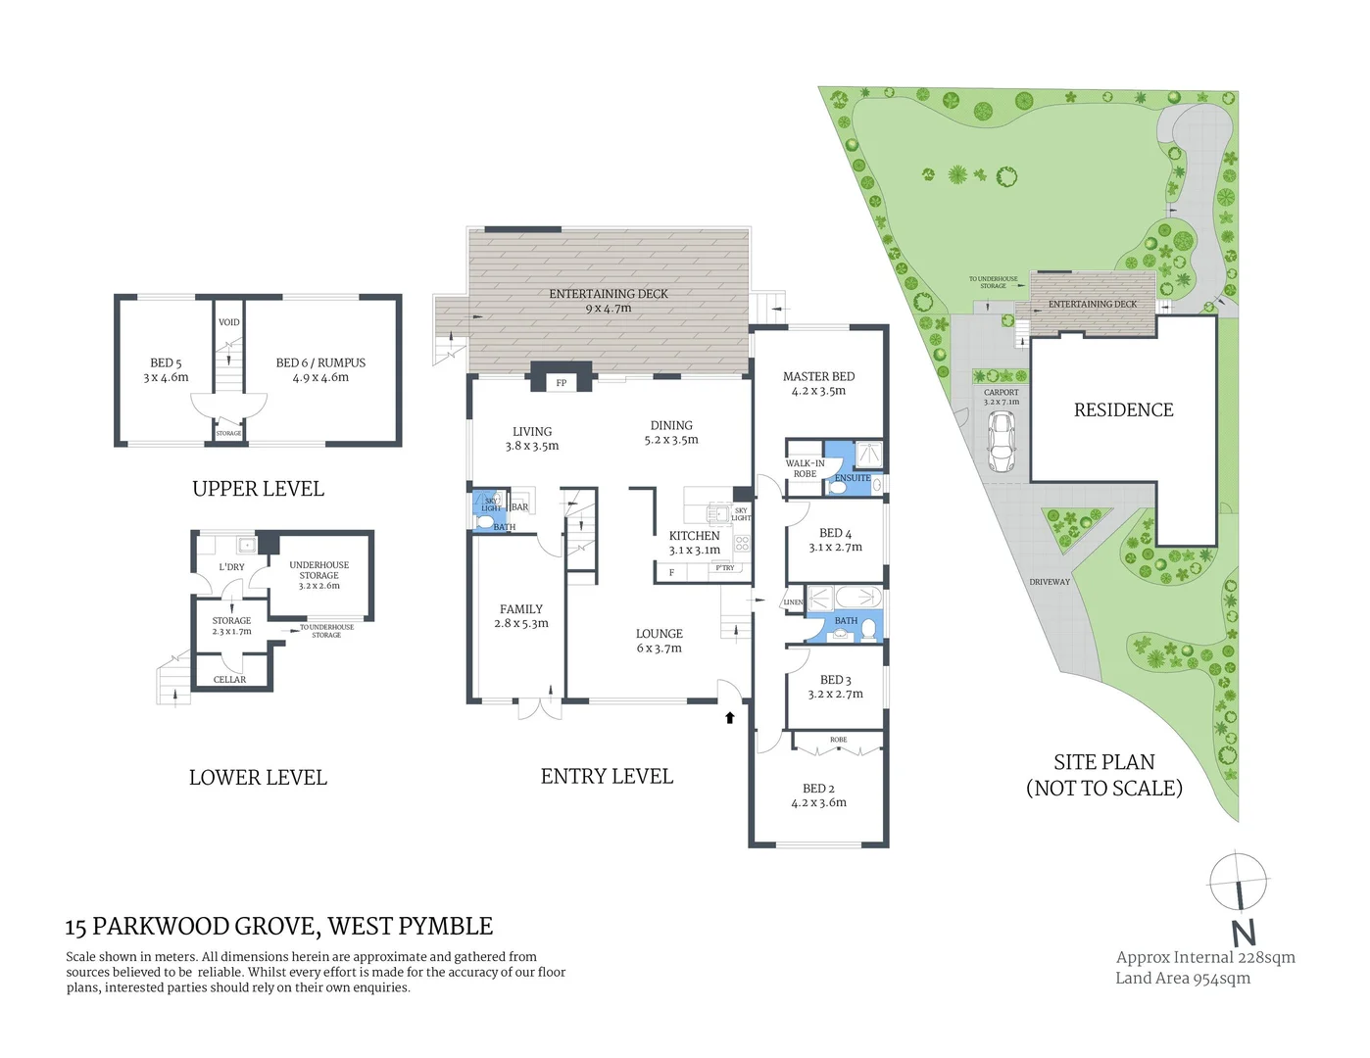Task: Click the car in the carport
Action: click(x=1002, y=442)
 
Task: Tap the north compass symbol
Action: click(x=1238, y=882)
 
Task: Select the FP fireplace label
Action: click(x=562, y=383)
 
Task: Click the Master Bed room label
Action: click(x=818, y=376)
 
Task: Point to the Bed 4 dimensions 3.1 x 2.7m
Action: click(x=835, y=548)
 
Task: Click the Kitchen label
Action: click(x=694, y=536)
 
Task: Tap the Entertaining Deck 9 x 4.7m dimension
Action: click(x=608, y=309)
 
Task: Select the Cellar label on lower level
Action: click(x=230, y=680)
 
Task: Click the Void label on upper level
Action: click(x=229, y=322)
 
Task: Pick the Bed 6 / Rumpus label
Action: click(x=320, y=362)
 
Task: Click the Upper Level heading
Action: click(x=258, y=489)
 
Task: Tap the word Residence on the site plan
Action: click(x=1123, y=410)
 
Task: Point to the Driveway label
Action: click(x=1050, y=582)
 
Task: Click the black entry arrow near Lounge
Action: click(x=729, y=718)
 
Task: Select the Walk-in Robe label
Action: click(x=805, y=468)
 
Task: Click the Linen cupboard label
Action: click(x=793, y=602)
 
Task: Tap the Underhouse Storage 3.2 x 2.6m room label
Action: click(x=318, y=575)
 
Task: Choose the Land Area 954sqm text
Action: click(x=1183, y=978)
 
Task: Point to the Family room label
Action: click(x=520, y=609)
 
